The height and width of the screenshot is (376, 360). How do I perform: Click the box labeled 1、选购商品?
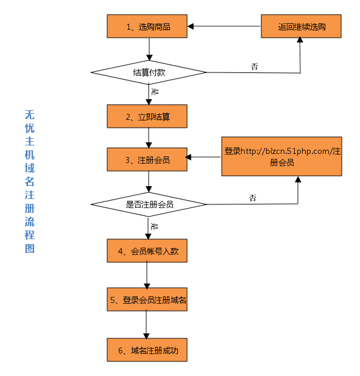point(147,26)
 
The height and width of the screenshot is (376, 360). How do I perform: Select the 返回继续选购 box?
point(301,26)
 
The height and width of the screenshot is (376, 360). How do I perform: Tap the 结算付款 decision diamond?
point(149,72)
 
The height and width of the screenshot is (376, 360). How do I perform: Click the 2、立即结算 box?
point(147,116)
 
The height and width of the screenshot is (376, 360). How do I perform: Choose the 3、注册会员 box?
point(147,159)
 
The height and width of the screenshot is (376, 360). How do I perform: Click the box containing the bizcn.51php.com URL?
point(281,156)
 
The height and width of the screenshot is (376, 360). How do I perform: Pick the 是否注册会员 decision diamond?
point(149,204)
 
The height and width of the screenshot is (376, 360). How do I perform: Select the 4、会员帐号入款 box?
point(147,251)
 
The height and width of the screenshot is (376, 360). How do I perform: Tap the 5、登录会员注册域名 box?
point(147,299)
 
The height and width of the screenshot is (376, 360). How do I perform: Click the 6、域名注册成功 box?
point(147,350)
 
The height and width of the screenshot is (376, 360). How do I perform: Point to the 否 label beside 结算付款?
point(255,66)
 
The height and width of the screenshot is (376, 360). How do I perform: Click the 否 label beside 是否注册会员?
point(253,198)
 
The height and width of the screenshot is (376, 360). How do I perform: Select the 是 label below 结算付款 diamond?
point(155,91)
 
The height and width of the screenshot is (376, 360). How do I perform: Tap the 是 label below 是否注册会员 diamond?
point(154,226)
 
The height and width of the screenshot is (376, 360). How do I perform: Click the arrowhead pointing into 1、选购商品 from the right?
point(191,26)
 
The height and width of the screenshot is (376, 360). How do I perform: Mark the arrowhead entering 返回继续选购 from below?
point(300,40)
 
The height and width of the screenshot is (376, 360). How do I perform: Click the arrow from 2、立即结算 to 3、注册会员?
point(149,138)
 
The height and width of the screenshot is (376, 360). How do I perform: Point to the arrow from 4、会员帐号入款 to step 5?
point(147,275)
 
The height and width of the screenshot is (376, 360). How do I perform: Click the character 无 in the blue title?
point(29,114)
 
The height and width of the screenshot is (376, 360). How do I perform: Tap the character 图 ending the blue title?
point(29,248)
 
